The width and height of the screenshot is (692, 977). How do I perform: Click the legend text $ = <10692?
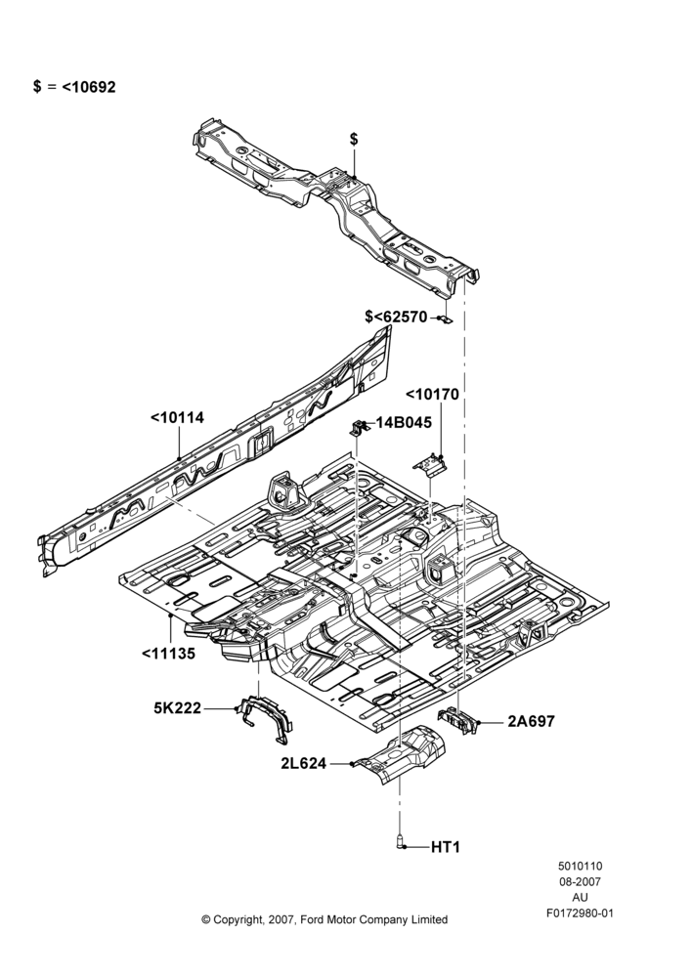[x=74, y=87]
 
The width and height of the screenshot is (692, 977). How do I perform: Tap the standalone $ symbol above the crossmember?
[x=354, y=139]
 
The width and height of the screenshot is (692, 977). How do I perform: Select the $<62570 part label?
[x=397, y=318]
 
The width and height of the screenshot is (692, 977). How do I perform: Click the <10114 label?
[x=178, y=417]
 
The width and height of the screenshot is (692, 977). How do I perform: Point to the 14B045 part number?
[x=404, y=422]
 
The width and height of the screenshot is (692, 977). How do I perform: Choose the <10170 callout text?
[x=432, y=395]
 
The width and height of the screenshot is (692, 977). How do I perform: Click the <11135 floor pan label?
[x=168, y=654]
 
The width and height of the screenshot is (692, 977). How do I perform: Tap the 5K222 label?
[x=178, y=707]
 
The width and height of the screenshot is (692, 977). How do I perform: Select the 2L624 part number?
[x=304, y=763]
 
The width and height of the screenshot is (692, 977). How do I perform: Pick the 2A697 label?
[x=531, y=722]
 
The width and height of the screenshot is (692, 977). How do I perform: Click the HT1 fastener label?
[x=446, y=847]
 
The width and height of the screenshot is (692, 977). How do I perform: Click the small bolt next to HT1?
[x=400, y=842]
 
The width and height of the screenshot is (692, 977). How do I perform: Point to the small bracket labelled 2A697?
[x=458, y=721]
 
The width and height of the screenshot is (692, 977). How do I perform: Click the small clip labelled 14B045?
[x=359, y=428]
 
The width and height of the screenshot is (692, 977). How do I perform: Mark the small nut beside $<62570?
[x=445, y=319]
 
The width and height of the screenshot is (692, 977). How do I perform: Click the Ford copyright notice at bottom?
[x=324, y=919]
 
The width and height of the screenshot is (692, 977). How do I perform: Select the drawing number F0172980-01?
[x=580, y=913]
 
